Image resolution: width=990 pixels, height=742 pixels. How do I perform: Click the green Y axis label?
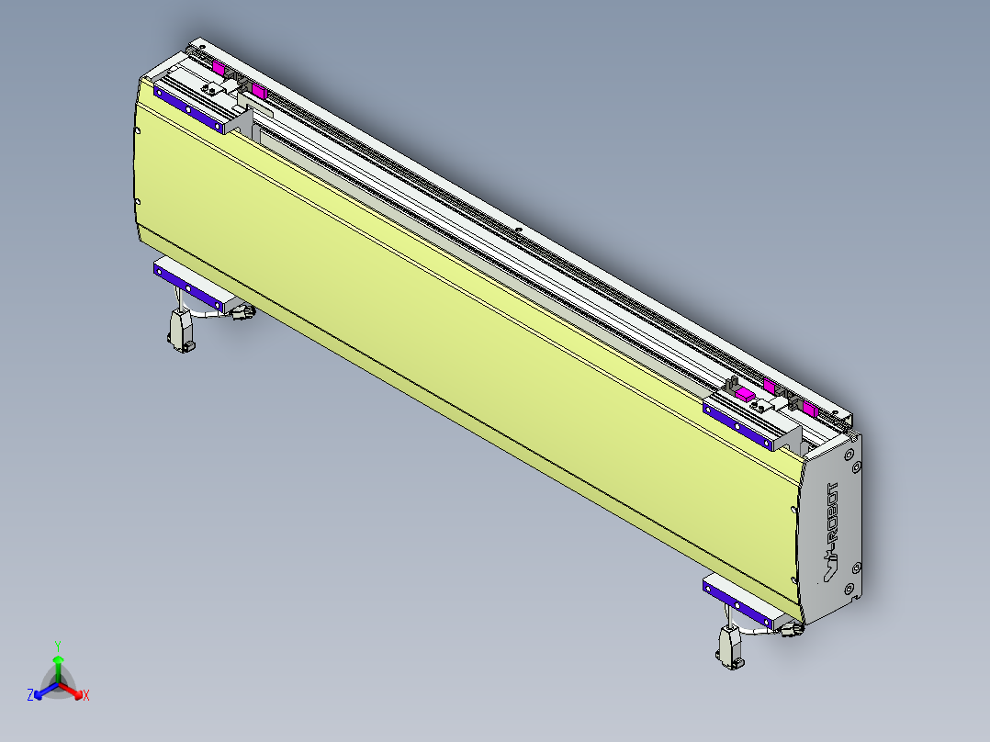coord(58,646)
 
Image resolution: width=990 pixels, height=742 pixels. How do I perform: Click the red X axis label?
coord(85,695)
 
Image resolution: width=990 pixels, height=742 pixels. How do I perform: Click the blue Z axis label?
coord(30,695)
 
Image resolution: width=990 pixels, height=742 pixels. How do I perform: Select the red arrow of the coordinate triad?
coord(73,690)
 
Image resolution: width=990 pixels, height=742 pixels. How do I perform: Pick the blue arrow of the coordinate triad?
coord(43,690)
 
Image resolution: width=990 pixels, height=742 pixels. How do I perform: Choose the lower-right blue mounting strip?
coord(739,602)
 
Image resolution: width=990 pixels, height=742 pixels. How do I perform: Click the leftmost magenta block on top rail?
coord(219,67)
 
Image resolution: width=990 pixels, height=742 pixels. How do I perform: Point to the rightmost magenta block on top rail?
coord(809,408)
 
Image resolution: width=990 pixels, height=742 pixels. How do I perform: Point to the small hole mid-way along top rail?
coord(519,230)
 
